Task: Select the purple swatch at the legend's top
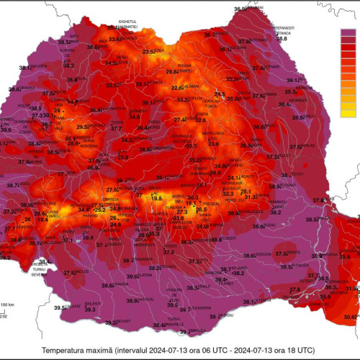point(348,32)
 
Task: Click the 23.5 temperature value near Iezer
point(149,53)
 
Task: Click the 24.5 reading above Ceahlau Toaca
point(220,94)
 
